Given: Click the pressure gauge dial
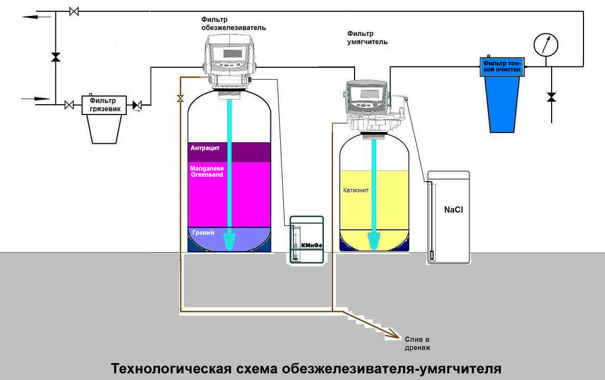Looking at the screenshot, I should pyautogui.click(x=545, y=45).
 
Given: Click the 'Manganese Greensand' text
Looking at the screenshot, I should pyautogui.click(x=207, y=172).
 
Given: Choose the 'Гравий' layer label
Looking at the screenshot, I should pyautogui.click(x=203, y=233).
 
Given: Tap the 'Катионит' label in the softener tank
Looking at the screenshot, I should pyautogui.click(x=356, y=190).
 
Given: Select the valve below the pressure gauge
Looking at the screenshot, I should pyautogui.click(x=552, y=97).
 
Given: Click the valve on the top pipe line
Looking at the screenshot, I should pyautogui.click(x=74, y=11).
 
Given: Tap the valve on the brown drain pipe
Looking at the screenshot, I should pyautogui.click(x=180, y=99).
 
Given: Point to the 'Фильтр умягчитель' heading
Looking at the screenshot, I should pyautogui.click(x=367, y=37).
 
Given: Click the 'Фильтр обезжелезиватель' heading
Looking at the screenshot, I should pyautogui.click(x=233, y=23).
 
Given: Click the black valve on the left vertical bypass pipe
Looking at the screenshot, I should pyautogui.click(x=55, y=57).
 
